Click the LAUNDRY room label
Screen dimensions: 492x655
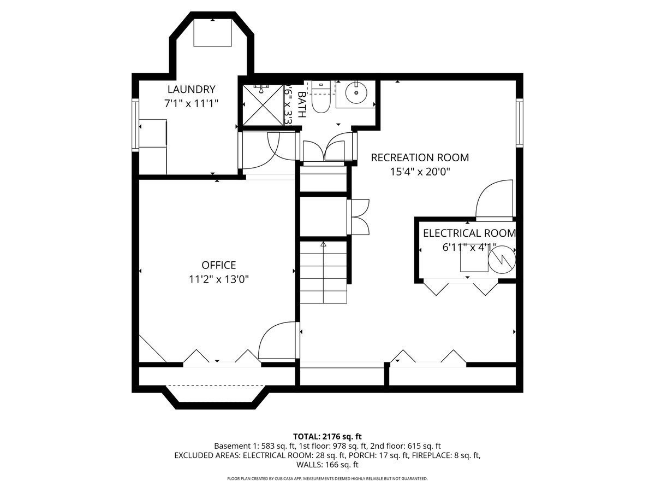pyautogui.click(x=191, y=90)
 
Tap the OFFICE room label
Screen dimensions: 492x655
pyautogui.click(x=219, y=265)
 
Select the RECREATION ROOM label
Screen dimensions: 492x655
pyautogui.click(x=420, y=157)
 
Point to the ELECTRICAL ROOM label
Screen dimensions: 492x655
pyautogui.click(x=469, y=233)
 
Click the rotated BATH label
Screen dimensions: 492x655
pyautogui.click(x=302, y=104)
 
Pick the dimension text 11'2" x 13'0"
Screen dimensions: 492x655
pyautogui.click(x=219, y=279)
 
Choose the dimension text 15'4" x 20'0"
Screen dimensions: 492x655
pyautogui.click(x=420, y=172)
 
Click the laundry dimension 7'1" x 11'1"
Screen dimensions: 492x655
pyautogui.click(x=191, y=103)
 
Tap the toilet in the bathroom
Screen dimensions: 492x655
pyautogui.click(x=320, y=99)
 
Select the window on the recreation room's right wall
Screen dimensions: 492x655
pyautogui.click(x=519, y=122)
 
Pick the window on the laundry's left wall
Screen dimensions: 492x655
pyautogui.click(x=135, y=125)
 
